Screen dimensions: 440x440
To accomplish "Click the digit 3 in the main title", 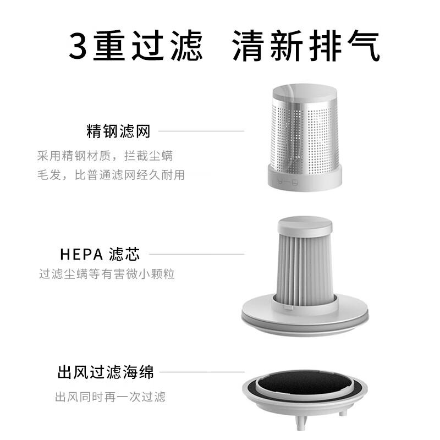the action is coord(78,46).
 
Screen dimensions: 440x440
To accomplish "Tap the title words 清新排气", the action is coord(306,46).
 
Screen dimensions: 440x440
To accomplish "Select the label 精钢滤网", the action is coord(118,131).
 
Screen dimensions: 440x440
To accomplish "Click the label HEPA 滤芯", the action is coord(100,254).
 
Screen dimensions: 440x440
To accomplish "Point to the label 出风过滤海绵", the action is coord(106,372).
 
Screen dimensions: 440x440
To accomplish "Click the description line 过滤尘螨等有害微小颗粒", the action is coord(107,274).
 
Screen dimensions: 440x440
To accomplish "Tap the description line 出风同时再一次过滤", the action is coord(111,397).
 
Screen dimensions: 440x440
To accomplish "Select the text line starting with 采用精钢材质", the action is coord(105,156).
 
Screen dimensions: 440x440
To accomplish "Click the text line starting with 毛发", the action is coord(111,175).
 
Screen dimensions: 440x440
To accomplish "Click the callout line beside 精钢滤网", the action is coord(201,131).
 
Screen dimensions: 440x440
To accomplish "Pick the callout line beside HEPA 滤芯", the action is coord(197,254).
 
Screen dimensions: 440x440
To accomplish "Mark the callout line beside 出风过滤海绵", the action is coord(202,372).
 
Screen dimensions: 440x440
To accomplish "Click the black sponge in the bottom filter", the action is coord(305,382).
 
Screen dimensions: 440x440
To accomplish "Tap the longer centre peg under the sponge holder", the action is coord(301,423).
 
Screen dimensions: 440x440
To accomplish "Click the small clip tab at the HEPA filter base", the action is coord(288,308).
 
